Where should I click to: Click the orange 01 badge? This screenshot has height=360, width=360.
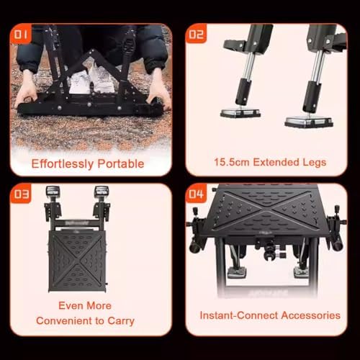pos(21,34)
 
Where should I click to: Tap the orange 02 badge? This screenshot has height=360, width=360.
pos(196,34)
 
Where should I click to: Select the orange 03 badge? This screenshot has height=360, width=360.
pos(21,194)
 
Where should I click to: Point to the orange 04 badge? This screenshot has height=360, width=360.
pos(196,194)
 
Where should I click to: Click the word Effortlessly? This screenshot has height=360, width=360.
pos(63,164)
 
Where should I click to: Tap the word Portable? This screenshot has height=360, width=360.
pos(121,163)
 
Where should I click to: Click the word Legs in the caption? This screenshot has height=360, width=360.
pos(314,163)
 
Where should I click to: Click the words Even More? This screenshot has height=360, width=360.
pos(85,305)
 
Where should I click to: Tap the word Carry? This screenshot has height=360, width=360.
pos(121,321)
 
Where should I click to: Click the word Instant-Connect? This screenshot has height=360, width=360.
pos(239,315)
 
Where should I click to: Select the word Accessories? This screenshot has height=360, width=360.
pos(311,315)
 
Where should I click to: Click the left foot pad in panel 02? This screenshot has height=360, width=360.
pos(240,113)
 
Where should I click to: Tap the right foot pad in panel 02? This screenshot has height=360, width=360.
pos(309,122)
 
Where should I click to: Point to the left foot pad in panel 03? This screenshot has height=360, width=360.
pos(53,192)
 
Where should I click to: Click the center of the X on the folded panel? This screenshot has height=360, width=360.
pos(77,261)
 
